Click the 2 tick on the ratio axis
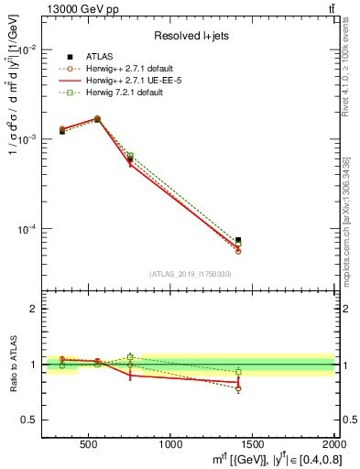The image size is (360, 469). tap(37, 309)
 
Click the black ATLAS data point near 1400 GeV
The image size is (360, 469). tap(238, 240)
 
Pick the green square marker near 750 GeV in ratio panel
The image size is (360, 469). tap(130, 357)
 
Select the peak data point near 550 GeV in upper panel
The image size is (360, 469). tap(97, 119)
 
